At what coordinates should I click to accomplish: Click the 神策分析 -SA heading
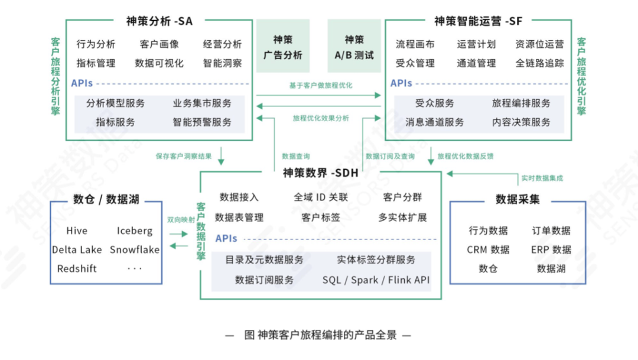(x=159, y=21)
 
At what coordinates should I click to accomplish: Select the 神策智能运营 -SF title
(x=478, y=21)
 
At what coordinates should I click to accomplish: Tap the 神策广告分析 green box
(x=282, y=47)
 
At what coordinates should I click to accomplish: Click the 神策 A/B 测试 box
(x=354, y=47)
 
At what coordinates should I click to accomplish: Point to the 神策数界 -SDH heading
(x=320, y=173)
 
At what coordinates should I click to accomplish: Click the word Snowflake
(x=135, y=249)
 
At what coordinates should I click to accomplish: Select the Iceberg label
(x=135, y=231)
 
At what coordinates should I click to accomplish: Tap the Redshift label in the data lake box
(x=77, y=268)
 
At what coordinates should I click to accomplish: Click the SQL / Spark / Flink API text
(x=376, y=280)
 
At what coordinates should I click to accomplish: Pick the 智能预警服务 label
(x=202, y=122)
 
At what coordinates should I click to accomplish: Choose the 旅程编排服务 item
(x=521, y=103)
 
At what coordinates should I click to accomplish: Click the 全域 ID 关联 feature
(x=320, y=197)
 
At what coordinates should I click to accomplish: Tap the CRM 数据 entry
(x=488, y=249)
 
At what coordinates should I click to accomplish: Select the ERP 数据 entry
(x=551, y=249)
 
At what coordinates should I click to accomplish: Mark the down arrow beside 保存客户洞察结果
(x=222, y=157)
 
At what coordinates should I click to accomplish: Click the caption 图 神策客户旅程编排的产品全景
(x=320, y=335)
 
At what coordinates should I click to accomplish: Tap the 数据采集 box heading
(x=517, y=200)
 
